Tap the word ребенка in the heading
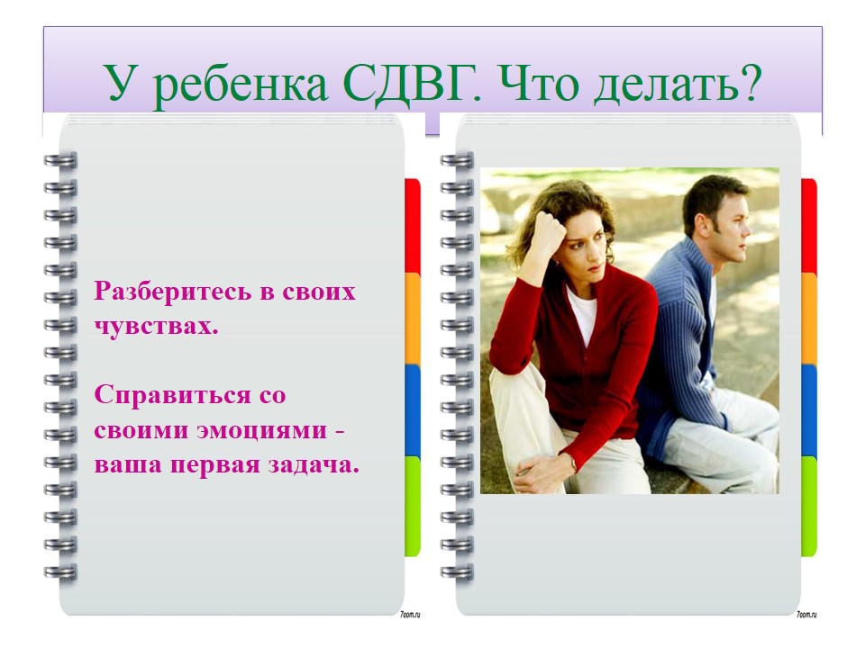(x=239, y=87)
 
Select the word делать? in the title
(x=677, y=84)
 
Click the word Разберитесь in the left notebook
(x=171, y=292)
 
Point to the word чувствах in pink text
(x=156, y=326)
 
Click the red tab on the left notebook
(x=413, y=225)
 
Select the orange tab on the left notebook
(x=413, y=319)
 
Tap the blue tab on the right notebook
(x=809, y=410)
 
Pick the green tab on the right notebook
(x=809, y=506)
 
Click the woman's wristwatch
(x=573, y=463)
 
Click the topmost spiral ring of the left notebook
(x=60, y=161)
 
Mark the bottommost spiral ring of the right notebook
(x=457, y=572)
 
